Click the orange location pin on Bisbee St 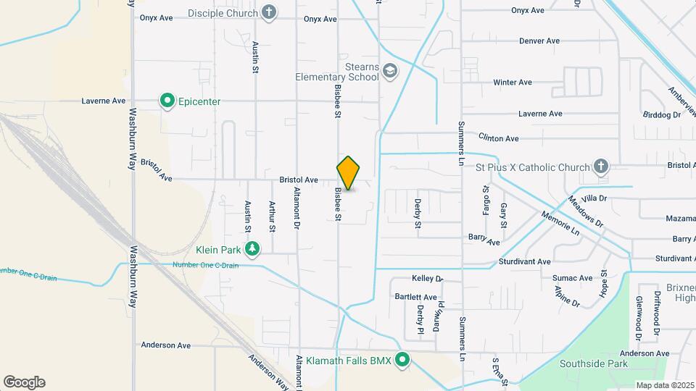[348, 172]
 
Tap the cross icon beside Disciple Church [269, 12]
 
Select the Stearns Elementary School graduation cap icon [390, 71]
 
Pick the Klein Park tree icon [252, 250]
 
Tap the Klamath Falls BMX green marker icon [402, 360]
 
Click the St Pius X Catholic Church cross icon [600, 167]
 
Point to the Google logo [24, 382]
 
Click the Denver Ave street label [539, 41]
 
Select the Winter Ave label [513, 83]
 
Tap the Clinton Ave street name [499, 138]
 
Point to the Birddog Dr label [662, 114]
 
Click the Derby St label [418, 214]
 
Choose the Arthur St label [272, 216]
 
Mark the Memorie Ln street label [560, 224]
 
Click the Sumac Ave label [572, 278]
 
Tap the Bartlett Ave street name [415, 297]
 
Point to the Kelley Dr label [427, 278]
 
